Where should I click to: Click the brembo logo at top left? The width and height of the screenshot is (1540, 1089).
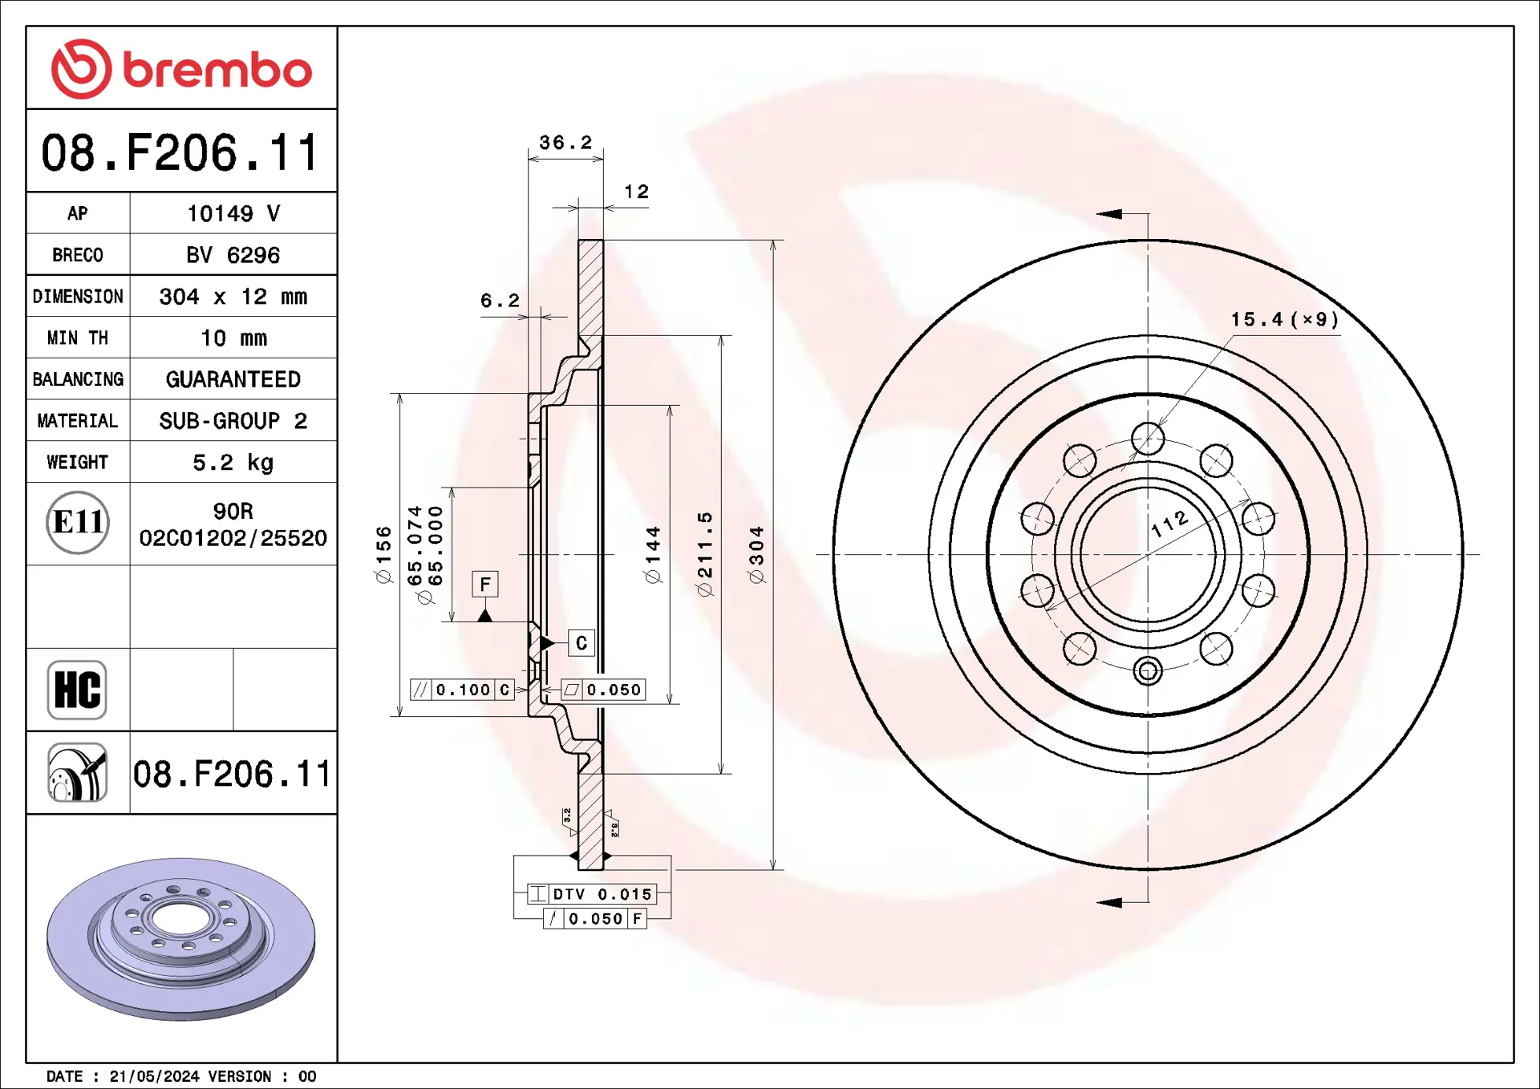click(181, 69)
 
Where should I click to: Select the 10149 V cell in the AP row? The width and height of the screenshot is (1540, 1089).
click(233, 213)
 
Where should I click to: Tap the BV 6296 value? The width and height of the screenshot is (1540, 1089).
click(233, 255)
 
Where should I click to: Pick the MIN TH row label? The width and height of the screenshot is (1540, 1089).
click(78, 338)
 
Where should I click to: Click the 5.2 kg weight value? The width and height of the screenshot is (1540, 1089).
click(233, 463)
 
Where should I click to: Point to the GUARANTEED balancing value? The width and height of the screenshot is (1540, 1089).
click(233, 379)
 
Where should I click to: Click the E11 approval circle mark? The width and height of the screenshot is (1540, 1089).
click(78, 523)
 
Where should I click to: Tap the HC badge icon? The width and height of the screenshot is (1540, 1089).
click(77, 690)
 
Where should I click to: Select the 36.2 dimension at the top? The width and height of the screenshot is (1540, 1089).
click(565, 143)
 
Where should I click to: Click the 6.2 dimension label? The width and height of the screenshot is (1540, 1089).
click(500, 301)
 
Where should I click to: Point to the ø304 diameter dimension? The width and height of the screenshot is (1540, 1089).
click(756, 555)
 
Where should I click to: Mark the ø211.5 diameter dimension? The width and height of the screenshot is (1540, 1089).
click(705, 554)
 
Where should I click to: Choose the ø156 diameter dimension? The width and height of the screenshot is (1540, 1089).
click(384, 554)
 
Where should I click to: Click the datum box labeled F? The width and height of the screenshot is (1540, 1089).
click(485, 585)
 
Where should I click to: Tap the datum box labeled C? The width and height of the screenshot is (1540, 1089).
click(582, 643)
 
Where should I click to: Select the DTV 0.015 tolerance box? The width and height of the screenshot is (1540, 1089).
click(593, 894)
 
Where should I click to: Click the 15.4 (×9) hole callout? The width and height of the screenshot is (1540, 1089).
click(1285, 320)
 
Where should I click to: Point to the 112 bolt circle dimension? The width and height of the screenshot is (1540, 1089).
click(1169, 524)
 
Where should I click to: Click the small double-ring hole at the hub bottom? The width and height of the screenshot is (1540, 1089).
click(1148, 671)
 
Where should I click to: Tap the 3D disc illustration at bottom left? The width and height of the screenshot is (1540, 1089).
click(180, 939)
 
